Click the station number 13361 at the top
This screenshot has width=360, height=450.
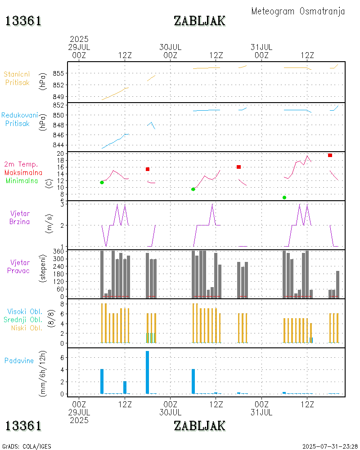coord(23,21)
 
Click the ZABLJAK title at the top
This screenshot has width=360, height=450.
coord(199,21)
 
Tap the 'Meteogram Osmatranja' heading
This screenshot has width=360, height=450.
coord(298,11)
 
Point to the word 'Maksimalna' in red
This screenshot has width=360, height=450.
coord(23,172)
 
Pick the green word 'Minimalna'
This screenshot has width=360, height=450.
coord(22,180)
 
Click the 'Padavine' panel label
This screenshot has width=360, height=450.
coord(19,360)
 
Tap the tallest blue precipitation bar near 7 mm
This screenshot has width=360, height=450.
coord(147,372)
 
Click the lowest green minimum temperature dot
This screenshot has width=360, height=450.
coord(284,198)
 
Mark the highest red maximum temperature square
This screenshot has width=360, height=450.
coord(330,155)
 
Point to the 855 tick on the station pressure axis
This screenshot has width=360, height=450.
coord(63,73)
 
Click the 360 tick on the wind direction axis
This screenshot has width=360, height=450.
coord(61,251)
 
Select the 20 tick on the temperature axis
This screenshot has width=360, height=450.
coord(63,153)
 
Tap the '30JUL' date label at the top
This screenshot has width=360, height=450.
coord(170,47)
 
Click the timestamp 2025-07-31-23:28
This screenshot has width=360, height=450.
coord(330,446)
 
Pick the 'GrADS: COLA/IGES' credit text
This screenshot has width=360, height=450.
coord(27,446)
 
